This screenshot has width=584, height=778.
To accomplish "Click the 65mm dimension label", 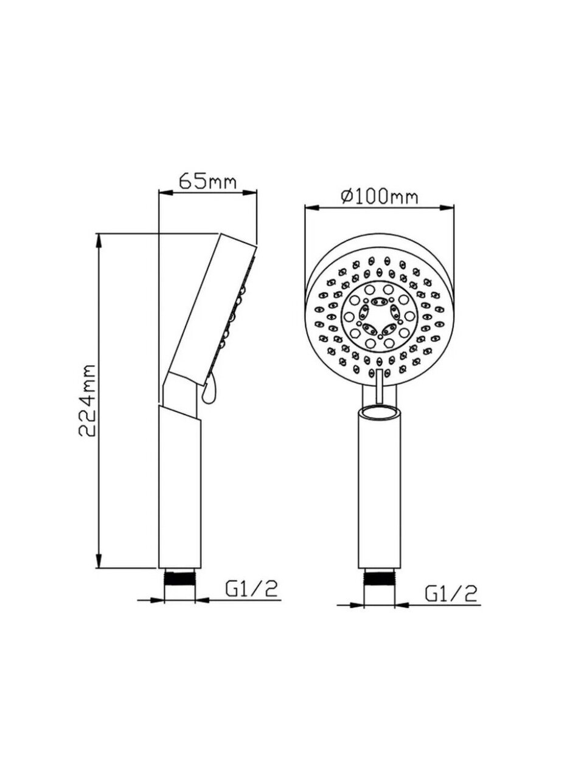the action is pyautogui.click(x=207, y=182).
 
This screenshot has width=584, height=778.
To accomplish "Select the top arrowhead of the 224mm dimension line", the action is pyautogui.click(x=100, y=241).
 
